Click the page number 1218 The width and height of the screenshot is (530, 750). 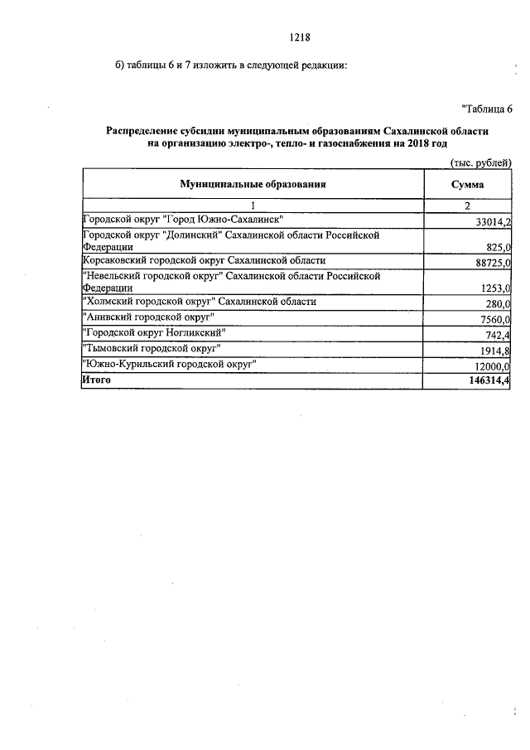pyautogui.click(x=300, y=36)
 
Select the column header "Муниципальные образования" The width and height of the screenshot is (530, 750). pyautogui.click(x=252, y=185)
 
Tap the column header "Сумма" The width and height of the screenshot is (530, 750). pyautogui.click(x=467, y=185)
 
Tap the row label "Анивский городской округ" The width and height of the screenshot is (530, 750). pyautogui.click(x=148, y=318)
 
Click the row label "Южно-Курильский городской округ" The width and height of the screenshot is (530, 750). pyautogui.click(x=169, y=364)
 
